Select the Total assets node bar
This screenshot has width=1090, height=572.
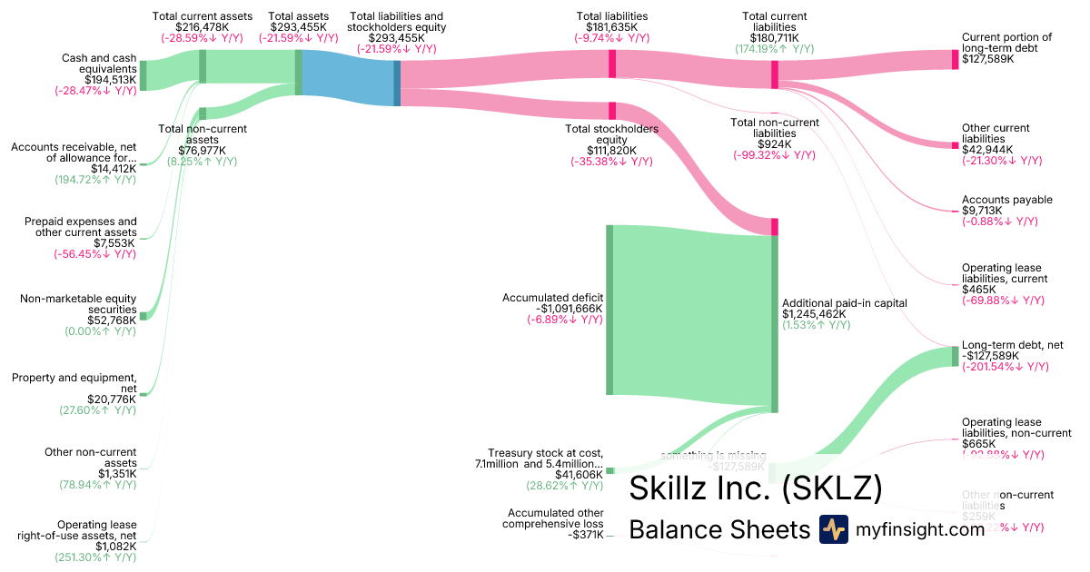[298, 72]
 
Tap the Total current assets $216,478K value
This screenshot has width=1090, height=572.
[202, 27]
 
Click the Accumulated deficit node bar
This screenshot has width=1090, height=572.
[609, 310]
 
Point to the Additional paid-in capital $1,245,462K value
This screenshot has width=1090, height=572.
[814, 314]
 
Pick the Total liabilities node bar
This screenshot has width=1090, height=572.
[612, 64]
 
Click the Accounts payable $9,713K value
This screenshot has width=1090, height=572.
[984, 211]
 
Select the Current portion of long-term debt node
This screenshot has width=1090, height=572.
[955, 60]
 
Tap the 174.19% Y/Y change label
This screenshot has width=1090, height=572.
[774, 49]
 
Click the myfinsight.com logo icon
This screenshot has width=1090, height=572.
[833, 529]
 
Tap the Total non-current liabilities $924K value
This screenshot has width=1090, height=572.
[774, 143]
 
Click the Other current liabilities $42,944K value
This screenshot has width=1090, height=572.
[987, 149]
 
